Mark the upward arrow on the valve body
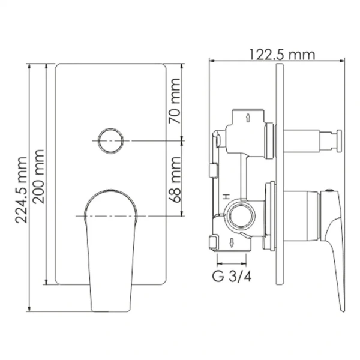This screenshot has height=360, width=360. coord(249,118)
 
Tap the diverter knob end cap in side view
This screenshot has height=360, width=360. coord(338,141)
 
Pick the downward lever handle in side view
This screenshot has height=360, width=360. coord(335,252)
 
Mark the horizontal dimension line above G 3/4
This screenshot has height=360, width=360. coord(232,263)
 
